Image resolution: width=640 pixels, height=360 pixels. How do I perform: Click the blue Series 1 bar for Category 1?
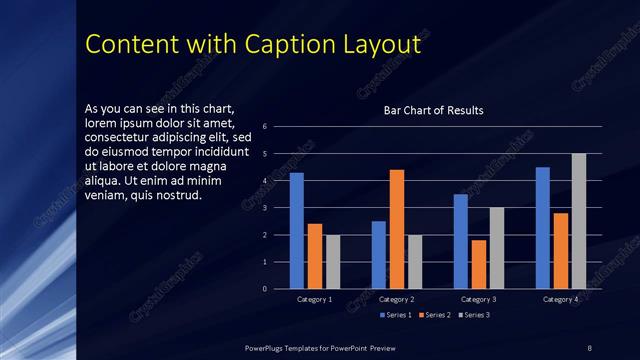[x=296, y=230]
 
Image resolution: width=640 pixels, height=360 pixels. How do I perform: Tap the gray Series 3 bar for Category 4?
[x=578, y=221]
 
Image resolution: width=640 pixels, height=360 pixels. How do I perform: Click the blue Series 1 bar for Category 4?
[x=543, y=228]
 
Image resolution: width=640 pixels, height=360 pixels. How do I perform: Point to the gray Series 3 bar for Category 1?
[x=333, y=262]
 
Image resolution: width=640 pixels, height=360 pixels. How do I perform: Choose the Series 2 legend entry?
[x=435, y=316]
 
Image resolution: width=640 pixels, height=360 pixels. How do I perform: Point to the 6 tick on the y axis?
[x=265, y=127]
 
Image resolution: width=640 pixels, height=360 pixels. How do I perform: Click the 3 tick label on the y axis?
[x=265, y=208]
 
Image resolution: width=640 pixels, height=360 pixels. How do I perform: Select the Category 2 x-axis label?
[x=397, y=299]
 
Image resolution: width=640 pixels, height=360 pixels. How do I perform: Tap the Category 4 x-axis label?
[x=560, y=299]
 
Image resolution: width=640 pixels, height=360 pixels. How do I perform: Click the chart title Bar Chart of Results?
[x=434, y=111]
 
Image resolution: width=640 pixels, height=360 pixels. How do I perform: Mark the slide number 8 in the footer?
[x=589, y=347]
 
